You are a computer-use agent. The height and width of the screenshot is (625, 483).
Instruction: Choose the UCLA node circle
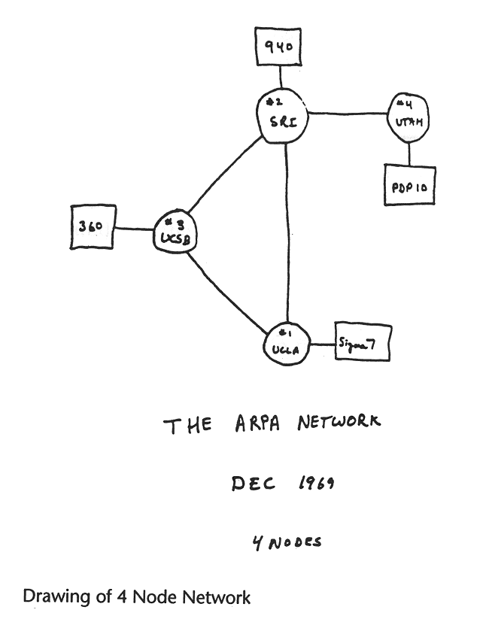287,344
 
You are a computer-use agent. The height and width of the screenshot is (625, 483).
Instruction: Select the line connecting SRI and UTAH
348,114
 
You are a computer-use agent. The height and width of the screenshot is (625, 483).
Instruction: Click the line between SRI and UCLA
287,233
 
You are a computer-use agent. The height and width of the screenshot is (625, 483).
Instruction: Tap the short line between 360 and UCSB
134,228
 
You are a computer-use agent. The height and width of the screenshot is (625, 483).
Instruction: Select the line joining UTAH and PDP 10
409,153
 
